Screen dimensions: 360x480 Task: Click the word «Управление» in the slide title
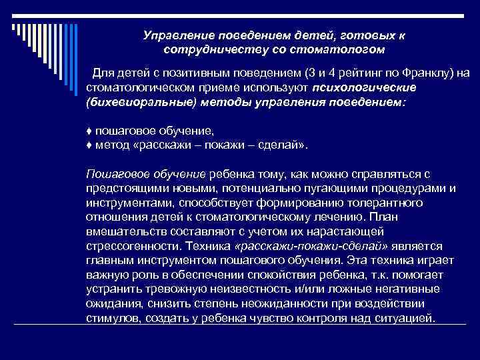click(x=174, y=35)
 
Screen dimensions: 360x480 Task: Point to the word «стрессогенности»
click(x=125, y=245)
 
